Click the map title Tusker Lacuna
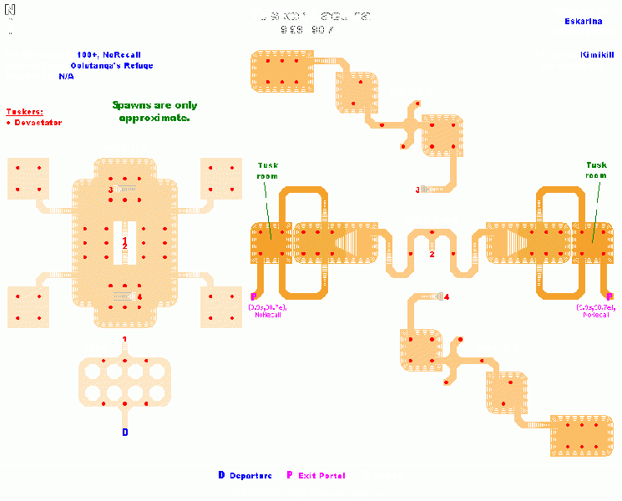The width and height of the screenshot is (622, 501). (311, 15)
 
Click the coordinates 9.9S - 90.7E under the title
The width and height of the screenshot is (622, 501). (311, 30)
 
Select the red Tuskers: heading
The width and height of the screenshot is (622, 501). (24, 111)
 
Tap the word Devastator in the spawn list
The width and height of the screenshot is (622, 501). (38, 123)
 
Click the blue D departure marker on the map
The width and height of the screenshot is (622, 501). (125, 433)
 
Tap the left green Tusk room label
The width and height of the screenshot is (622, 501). (267, 170)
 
